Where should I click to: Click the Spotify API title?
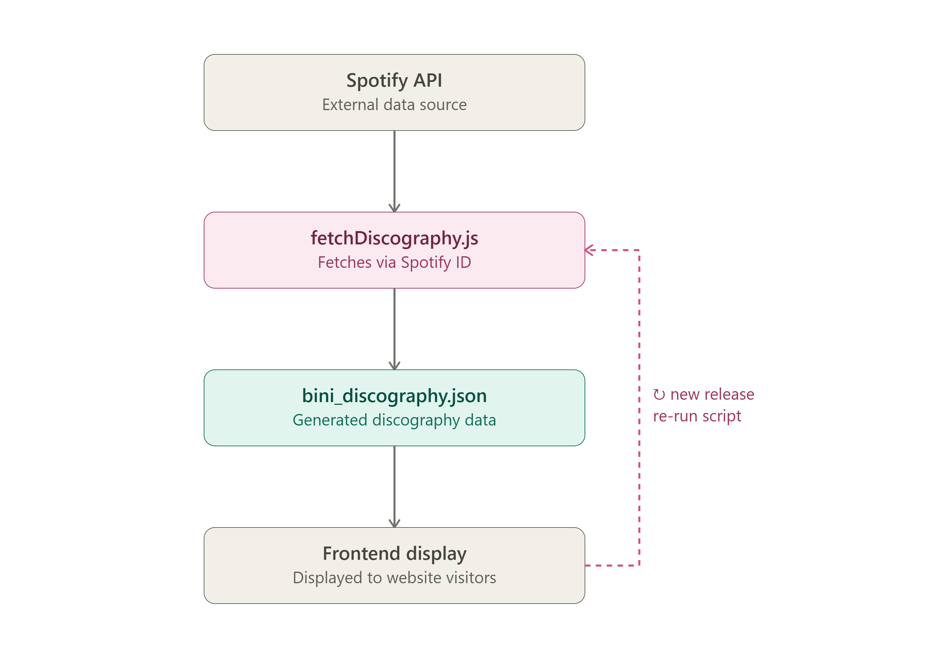tap(394, 81)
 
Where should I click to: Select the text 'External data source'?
tap(394, 105)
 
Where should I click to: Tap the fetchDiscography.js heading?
tap(394, 238)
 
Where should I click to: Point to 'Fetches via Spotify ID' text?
tap(394, 262)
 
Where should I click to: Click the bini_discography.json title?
tap(394, 396)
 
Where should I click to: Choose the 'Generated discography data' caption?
tap(394, 420)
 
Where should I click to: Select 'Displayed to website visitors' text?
tap(394, 578)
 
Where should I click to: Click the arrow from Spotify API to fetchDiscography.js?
tap(394, 171)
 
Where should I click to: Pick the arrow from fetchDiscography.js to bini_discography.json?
tap(394, 329)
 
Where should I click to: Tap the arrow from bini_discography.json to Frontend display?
tap(394, 486)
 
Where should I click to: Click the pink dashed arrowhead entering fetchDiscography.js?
tap(589, 250)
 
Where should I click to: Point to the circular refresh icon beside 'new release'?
tap(659, 395)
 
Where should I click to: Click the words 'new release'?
tap(712, 394)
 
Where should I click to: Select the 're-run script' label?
tap(697, 416)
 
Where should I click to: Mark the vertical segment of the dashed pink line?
tap(639, 408)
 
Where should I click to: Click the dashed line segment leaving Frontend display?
tap(612, 565)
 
